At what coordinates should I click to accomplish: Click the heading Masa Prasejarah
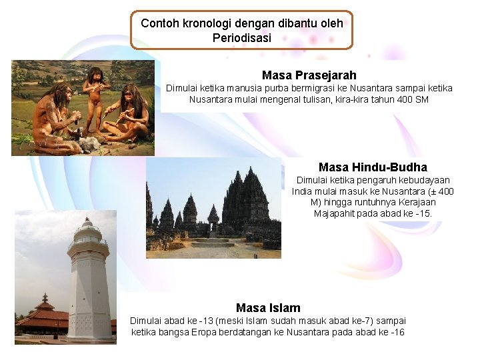[309, 75]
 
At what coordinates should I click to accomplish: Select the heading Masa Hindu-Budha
[373, 167]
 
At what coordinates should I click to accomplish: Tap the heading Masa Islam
[268, 308]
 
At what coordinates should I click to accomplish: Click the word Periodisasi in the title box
[242, 38]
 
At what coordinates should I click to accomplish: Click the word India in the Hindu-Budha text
[305, 191]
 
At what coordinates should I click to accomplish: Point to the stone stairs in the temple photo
[213, 243]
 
